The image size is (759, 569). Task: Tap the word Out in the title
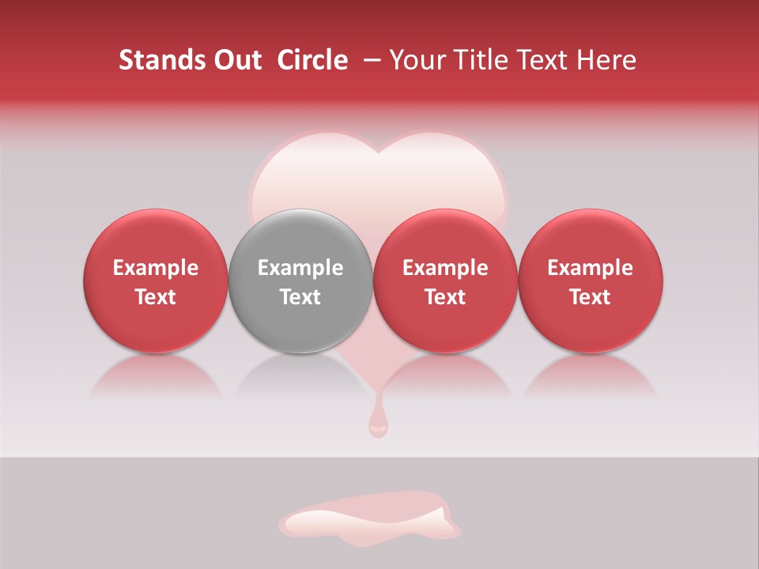tap(235, 60)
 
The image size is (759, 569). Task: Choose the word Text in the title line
tap(543, 60)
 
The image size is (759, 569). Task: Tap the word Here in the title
tap(606, 60)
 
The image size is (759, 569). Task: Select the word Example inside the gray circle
tap(300, 268)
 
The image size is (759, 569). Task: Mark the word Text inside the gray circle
tap(300, 297)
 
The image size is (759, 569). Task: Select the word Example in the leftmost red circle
tap(156, 268)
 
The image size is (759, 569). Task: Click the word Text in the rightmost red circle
tap(591, 297)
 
